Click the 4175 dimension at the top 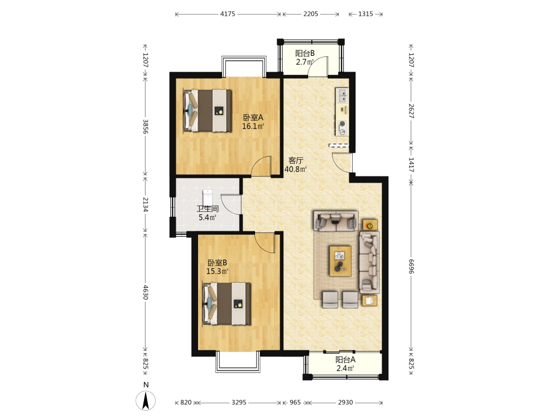[228, 14]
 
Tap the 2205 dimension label [311, 14]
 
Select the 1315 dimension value [365, 14]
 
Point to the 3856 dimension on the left [146, 126]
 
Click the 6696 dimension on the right [411, 266]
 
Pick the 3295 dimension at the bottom [239, 402]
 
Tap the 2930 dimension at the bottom [345, 402]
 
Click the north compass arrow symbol [146, 401]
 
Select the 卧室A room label [253, 117]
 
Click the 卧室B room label [218, 263]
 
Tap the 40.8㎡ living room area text [295, 169]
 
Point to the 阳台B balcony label [305, 54]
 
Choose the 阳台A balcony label [345, 359]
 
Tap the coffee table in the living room [340, 261]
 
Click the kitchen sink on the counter [343, 96]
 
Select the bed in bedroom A [207, 111]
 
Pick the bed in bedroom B [227, 303]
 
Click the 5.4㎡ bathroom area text [208, 217]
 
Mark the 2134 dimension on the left [146, 204]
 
